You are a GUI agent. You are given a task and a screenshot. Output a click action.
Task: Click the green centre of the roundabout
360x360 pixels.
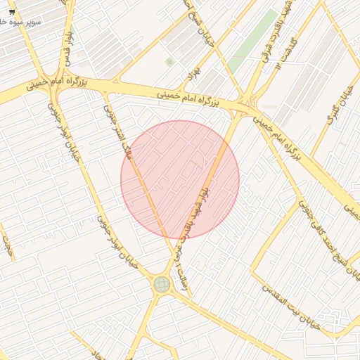pos(162,284)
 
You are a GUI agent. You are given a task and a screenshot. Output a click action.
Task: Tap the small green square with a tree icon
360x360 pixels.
pos(169,62)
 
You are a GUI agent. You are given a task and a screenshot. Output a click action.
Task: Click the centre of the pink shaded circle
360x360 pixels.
pos(180,180)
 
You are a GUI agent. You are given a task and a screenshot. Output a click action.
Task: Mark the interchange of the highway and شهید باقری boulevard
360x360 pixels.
pos(246,105)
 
